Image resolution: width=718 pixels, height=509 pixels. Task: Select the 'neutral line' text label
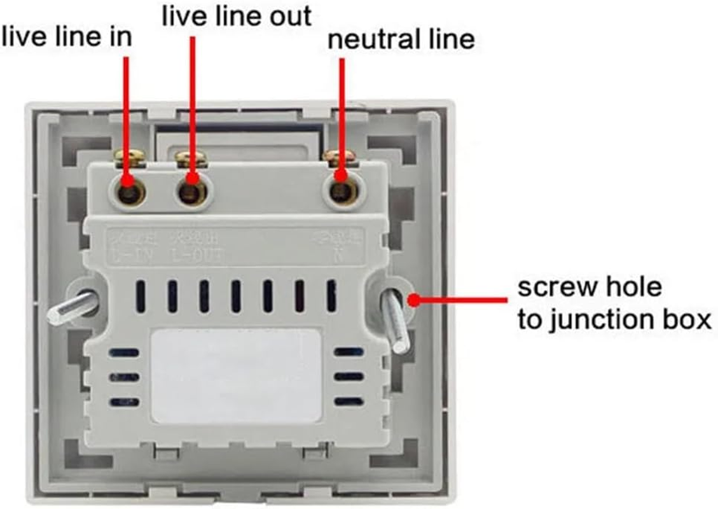pos(401,39)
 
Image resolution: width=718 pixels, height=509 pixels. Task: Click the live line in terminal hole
pos(130,190)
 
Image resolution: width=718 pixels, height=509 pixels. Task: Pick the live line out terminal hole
pos(191,190)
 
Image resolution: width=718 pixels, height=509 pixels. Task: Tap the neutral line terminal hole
pos(342,190)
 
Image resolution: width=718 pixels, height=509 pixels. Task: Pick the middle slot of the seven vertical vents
pos(236,296)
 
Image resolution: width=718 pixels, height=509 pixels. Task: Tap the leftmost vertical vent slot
pos(141,296)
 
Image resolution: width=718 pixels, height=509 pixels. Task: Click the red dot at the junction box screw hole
pos(414,299)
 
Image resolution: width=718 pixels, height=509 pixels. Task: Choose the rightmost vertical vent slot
pos(331,296)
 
